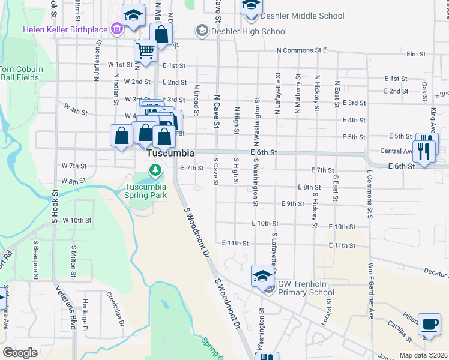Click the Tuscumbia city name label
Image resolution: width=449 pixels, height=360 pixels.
click(x=171, y=154)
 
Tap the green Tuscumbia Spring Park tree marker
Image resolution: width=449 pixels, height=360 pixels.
click(x=156, y=170)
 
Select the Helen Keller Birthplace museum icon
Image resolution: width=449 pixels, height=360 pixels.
click(x=116, y=29)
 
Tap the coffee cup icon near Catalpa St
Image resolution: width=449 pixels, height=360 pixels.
click(x=429, y=325)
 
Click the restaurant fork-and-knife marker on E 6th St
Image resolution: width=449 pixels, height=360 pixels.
click(x=424, y=150)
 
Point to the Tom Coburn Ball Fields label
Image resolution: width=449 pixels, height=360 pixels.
click(x=22, y=73)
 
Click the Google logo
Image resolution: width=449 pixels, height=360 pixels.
click(x=20, y=353)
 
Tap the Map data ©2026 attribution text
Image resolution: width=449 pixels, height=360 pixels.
click(x=423, y=355)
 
